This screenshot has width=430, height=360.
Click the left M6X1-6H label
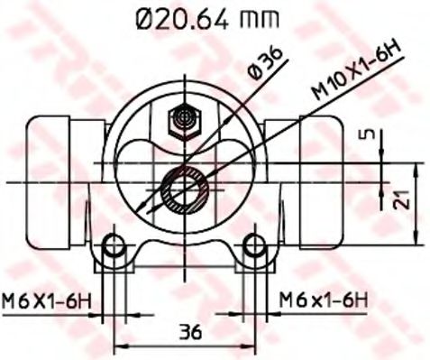point(49,299)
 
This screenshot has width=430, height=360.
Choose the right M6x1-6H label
point(322,299)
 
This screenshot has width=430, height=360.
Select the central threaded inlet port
point(185,189)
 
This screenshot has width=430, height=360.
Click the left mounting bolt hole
point(113,245)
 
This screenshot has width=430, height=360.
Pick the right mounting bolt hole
point(256,245)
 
